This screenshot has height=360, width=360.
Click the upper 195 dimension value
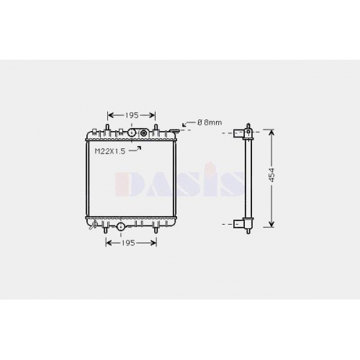point(132,115)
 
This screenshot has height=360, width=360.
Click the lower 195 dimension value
point(127,243)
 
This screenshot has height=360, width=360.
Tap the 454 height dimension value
point(271,175)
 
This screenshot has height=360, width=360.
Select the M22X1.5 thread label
point(110,151)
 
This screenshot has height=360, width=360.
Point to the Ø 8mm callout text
point(210,122)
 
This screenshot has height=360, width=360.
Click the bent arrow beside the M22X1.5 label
point(135,149)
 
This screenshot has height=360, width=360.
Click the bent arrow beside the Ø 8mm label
point(189,124)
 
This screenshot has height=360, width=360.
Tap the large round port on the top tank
point(132,132)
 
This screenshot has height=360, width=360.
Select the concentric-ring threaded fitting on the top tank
point(143,132)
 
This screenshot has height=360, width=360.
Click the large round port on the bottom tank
point(120,226)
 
